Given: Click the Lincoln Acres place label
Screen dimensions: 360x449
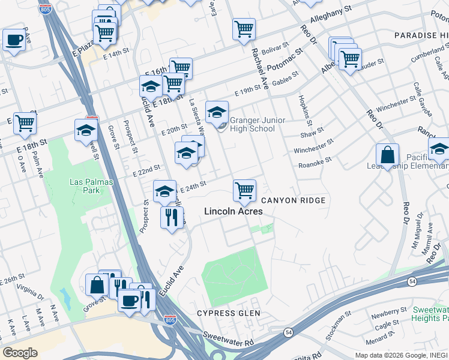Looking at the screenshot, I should click(234, 211).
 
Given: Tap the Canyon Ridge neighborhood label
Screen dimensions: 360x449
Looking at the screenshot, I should click(293, 200).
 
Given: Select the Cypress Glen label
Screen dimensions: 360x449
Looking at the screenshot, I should click(229, 313).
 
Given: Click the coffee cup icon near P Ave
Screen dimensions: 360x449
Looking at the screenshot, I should click(13, 40).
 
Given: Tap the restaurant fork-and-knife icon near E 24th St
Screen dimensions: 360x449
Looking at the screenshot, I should click(172, 217).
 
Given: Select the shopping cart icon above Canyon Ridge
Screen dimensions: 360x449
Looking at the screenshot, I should click(244, 190).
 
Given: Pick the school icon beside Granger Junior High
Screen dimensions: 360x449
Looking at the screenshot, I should click(217, 112).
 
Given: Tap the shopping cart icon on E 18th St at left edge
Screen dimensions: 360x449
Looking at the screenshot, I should click(25, 123).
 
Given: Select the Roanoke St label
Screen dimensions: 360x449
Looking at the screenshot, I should click(315, 162).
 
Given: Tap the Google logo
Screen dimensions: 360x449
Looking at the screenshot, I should click(20, 352).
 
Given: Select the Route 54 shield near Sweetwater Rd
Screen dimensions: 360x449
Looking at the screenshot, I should click(289, 332).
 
